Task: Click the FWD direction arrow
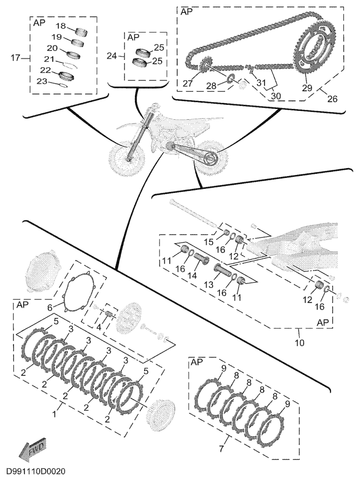pos(33,449)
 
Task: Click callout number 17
pos(15,57)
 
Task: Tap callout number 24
pos(112,56)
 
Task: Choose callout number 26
pos(332,99)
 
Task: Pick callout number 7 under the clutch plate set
pos(222,449)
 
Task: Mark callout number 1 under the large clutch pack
pos(54,414)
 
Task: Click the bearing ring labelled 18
pos(81,31)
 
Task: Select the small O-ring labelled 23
pos(62,85)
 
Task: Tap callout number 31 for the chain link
pos(261,82)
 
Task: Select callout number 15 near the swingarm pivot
pos(208,242)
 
